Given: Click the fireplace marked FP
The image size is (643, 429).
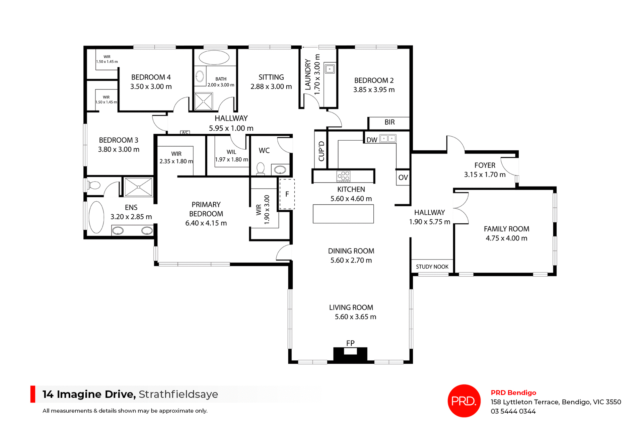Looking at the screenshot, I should pyautogui.click(x=350, y=354).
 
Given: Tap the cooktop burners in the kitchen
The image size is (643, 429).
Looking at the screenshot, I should pyautogui.click(x=344, y=176).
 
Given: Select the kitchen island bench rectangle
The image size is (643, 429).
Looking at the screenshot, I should pyautogui.click(x=343, y=214).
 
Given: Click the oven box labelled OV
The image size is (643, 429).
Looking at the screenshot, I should pyautogui.click(x=403, y=177).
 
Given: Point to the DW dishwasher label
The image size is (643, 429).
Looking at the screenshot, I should pyautogui.click(x=372, y=140).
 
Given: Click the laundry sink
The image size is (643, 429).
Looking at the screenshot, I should pyautogui.click(x=330, y=69).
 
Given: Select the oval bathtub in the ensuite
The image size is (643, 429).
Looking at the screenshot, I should pyautogui.click(x=96, y=217).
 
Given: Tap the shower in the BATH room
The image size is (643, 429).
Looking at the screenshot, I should pyautogui.click(x=204, y=102).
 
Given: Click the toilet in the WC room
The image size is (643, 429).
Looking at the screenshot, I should pyautogui.click(x=261, y=168).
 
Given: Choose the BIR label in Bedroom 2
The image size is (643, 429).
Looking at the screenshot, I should pyautogui.click(x=389, y=122).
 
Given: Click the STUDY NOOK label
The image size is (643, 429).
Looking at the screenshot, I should pyautogui.click(x=432, y=267).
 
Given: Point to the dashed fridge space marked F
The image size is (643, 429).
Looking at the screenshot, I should pyautogui.click(x=287, y=194).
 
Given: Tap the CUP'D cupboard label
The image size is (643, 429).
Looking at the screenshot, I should pyautogui.click(x=321, y=151).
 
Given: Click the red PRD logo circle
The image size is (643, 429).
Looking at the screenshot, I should pyautogui.click(x=464, y=401).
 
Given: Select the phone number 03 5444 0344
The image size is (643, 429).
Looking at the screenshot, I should pyautogui.click(x=513, y=412).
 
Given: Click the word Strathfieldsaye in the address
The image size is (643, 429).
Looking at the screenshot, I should pyautogui.click(x=178, y=395).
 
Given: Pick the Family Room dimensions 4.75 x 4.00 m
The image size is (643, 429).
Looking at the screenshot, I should pyautogui.click(x=506, y=238).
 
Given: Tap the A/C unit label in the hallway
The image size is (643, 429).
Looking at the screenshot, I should pyautogui.click(x=185, y=133).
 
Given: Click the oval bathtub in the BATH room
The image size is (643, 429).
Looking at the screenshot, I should pyautogui.click(x=214, y=57).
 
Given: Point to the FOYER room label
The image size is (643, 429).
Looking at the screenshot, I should pyautogui.click(x=485, y=165).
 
